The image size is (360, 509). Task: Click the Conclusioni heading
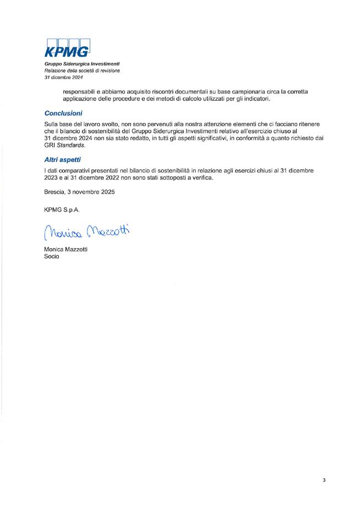[63, 113]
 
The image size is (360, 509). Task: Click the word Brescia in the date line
[55, 192]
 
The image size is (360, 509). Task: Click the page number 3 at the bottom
[324, 480]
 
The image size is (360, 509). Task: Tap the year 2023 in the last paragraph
[52, 178]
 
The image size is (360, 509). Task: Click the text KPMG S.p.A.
[58, 209]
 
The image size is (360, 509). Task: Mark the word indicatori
[257, 99]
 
